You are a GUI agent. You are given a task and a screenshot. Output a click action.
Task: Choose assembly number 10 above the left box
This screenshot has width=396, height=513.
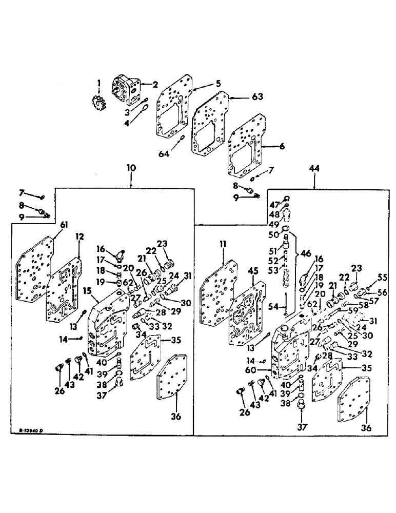point(131,167)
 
